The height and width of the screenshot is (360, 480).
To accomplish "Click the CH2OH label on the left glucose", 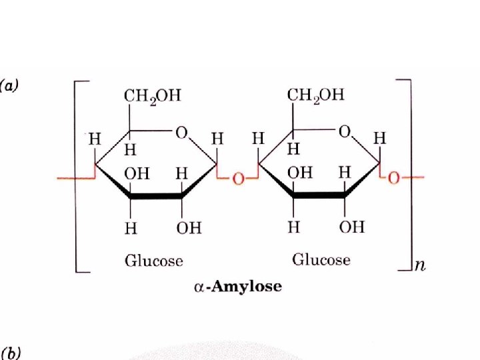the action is coord(152,96).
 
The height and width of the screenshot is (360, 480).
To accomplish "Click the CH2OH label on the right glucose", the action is coord(315,95).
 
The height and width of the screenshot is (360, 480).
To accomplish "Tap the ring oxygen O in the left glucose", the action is coord(181,133).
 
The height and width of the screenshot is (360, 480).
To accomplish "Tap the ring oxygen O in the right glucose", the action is coord(344,132).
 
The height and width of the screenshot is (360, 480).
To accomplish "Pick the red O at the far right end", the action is coord(394,178).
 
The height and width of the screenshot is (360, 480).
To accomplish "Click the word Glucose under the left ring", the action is coord(153,260).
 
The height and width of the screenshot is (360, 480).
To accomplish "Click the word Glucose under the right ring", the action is coord(321,259).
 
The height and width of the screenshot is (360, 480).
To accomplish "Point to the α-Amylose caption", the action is coord(237,287).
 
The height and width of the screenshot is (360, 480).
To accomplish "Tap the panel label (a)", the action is coord(11,85).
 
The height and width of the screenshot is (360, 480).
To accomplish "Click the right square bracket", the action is coord(409,173).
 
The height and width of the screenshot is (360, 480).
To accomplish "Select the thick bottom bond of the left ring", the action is coord(156,197).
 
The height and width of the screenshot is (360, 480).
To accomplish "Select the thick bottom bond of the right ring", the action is coord(319,195).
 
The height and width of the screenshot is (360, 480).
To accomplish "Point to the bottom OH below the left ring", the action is coord(189,228).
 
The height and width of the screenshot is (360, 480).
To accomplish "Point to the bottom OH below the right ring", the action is coord(351,227).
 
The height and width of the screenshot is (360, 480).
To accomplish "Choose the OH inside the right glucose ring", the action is coord(299,173).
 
